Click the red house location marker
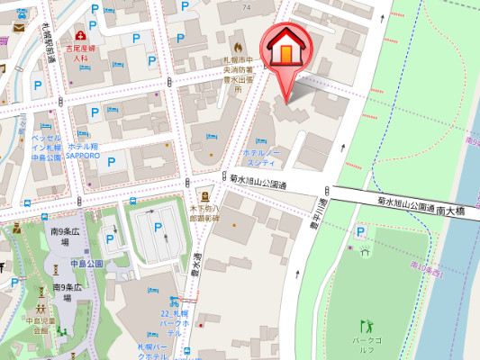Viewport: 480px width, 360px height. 285,49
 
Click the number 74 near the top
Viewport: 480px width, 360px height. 245,6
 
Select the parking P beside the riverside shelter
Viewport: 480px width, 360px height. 360,232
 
